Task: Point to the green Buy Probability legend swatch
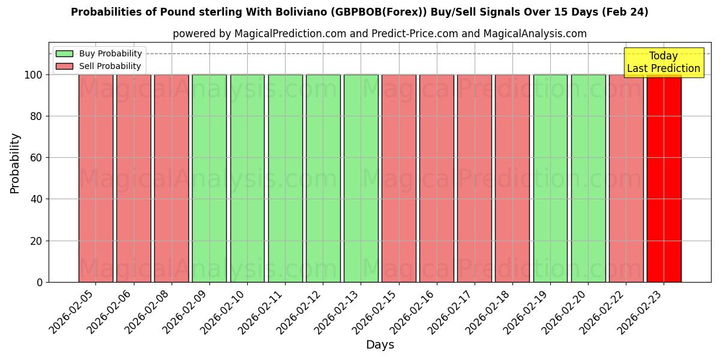pyautogui.click(x=64, y=54)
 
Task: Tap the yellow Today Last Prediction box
pyautogui.click(x=664, y=62)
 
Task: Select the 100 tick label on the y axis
pyautogui.click(x=34, y=75)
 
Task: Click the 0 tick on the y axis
pyautogui.click(x=40, y=282)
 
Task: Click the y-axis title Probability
pyautogui.click(x=15, y=163)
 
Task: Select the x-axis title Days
pyautogui.click(x=380, y=345)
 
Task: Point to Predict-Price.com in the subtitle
pyautogui.click(x=415, y=34)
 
